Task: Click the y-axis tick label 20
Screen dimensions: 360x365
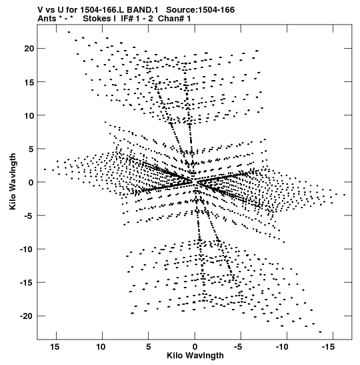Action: [x=29, y=49]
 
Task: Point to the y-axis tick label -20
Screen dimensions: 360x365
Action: [x=27, y=316]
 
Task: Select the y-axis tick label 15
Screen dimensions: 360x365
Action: [x=29, y=82]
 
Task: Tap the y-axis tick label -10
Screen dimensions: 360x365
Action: [x=27, y=249]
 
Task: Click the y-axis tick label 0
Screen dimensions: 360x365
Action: [x=31, y=182]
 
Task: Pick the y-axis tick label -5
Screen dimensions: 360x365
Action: [x=29, y=216]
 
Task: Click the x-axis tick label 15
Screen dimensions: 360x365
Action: [x=55, y=347]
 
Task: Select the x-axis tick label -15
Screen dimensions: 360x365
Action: [x=329, y=347]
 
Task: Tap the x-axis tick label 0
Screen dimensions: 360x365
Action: [x=195, y=347]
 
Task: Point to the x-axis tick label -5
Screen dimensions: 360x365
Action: [x=238, y=347]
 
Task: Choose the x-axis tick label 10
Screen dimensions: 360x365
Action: [x=101, y=347]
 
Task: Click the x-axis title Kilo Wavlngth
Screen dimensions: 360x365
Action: [x=195, y=356]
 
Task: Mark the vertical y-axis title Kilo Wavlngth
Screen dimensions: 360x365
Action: [x=13, y=181]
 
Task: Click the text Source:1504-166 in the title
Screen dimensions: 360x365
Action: [x=201, y=10]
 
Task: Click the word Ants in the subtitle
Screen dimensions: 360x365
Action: [x=47, y=19]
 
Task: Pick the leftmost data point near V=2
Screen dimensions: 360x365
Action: [x=45, y=169]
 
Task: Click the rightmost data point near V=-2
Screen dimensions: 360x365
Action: [x=345, y=195]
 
